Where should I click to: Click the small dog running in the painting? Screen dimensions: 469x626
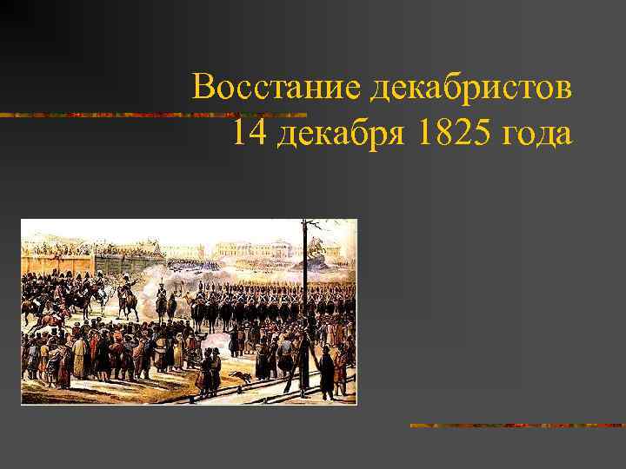[x=236, y=376]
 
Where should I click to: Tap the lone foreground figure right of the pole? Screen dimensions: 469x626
[x=327, y=369]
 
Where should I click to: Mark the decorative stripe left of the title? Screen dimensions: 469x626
[x=96, y=115]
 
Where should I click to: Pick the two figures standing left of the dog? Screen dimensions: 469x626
[x=206, y=372]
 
